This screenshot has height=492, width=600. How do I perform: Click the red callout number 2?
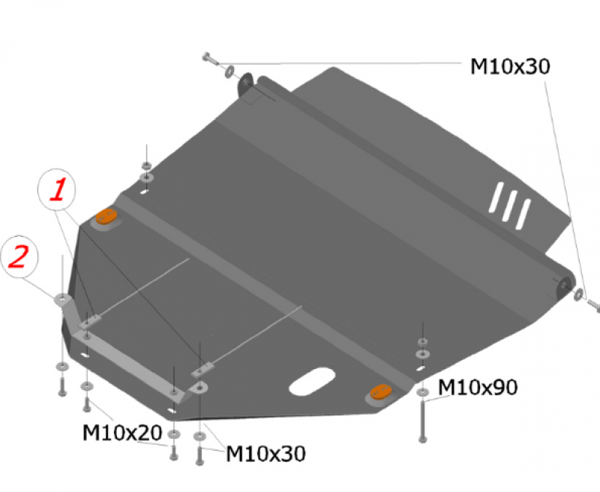tap(18, 256)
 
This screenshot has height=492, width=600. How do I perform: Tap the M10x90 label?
tap(478, 387)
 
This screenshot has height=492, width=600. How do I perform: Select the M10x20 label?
tap(122, 433)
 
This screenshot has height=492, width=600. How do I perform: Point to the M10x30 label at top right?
tap(510, 66)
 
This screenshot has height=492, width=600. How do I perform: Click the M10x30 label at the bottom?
tap(265, 454)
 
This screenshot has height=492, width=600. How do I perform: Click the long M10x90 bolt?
tap(422, 421)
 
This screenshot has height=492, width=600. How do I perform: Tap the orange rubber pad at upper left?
tap(106, 217)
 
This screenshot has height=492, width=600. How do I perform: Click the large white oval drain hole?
tap(312, 382)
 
